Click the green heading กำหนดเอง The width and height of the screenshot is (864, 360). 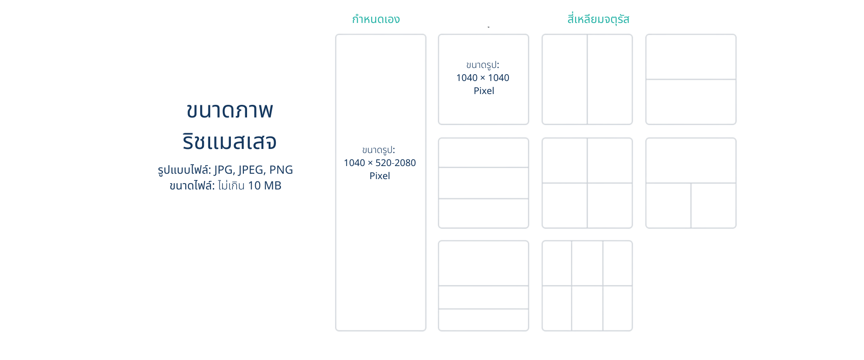pos(376,19)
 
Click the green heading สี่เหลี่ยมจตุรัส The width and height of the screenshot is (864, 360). pos(598,19)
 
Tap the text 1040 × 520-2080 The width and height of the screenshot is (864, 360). pos(380,163)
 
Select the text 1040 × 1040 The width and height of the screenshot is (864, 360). pos(483,78)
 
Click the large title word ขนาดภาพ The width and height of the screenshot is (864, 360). pos(229,111)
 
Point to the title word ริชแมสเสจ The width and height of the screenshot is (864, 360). pos(229,142)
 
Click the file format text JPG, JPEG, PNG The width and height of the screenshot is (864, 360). pos(253,170)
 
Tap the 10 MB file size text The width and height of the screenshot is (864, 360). pos(265,185)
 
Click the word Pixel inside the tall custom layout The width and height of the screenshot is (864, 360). pos(380,176)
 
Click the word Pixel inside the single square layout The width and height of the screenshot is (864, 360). pos(484,91)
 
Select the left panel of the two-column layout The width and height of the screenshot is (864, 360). pos(564,79)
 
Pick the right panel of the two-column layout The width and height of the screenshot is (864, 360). pos(610,79)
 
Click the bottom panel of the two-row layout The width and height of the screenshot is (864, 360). pos(691,102)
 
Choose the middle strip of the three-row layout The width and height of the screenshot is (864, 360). pos(484,183)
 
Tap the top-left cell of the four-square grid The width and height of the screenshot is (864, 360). pos(564,160)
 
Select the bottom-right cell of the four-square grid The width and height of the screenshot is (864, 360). pos(610,205)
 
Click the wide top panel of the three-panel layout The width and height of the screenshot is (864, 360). pos(691,160)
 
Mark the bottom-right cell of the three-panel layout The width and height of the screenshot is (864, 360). pos(714,205)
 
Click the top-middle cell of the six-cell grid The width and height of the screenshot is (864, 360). pos(587,263)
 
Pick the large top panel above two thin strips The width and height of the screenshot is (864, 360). pos(484,263)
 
